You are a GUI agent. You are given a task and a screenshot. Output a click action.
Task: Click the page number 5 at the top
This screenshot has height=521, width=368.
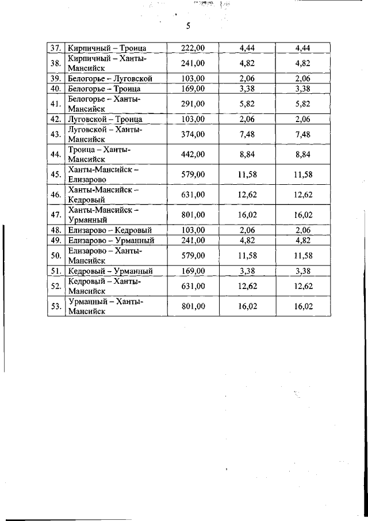coord(188,26)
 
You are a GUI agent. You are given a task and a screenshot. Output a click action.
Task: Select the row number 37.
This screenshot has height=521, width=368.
coord(56,48)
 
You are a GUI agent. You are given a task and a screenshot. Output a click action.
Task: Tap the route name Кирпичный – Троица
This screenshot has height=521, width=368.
coord(107,48)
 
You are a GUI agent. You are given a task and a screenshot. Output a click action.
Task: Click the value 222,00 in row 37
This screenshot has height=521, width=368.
coord(193,48)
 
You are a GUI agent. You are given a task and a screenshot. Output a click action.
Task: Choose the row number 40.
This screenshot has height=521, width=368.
coord(56,89)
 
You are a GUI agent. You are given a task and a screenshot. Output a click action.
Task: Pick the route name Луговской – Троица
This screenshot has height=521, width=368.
coord(105,119)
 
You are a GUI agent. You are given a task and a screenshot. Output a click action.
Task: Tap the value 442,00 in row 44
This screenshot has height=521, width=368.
coord(193,154)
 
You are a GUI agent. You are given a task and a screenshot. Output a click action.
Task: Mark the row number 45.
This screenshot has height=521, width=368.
coord(56,174)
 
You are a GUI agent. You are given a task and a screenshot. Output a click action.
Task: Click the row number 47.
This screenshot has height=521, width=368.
coord(56,215)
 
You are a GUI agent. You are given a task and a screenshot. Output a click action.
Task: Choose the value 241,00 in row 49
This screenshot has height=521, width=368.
coord(193,240)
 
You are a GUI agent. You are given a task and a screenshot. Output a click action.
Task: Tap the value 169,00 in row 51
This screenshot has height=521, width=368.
coord(193,271)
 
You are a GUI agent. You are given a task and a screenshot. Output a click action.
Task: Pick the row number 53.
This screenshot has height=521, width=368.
coord(56,306)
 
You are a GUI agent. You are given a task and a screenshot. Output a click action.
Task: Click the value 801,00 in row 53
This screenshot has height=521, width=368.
coord(193,306)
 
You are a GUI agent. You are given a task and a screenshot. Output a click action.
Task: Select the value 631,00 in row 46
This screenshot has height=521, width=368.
coord(193,195)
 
